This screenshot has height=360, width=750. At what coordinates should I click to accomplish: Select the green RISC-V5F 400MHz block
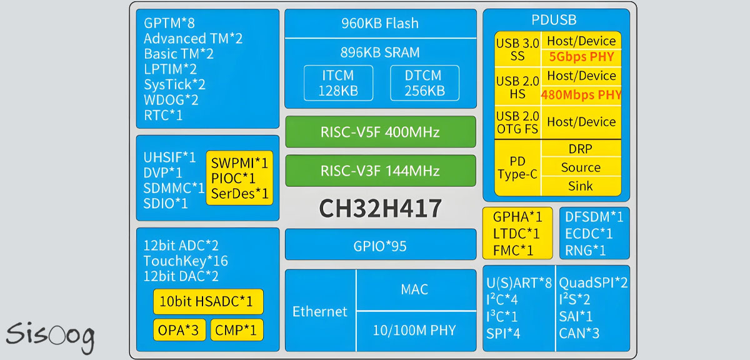point(380,132)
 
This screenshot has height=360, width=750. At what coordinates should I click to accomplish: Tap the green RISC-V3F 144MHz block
point(380,171)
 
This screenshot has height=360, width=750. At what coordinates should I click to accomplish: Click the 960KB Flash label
point(380,24)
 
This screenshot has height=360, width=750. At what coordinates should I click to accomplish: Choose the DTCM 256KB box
point(424,83)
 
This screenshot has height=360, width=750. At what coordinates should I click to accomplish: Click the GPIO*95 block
point(380,246)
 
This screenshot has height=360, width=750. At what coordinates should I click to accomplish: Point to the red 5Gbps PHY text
point(581,57)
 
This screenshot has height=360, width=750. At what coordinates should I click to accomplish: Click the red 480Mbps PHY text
point(581,95)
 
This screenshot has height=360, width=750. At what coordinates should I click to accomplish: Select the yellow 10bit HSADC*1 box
point(208,302)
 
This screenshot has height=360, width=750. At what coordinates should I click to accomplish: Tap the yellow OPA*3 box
point(179,329)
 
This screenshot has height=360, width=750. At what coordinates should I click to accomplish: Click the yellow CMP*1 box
point(236,329)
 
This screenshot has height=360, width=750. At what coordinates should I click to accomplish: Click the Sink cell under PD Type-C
point(581,186)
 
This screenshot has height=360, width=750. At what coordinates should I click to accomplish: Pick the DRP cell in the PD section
point(581,149)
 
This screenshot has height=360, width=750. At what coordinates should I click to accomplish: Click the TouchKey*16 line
point(186,261)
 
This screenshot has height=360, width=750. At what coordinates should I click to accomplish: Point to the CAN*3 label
point(579,333)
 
